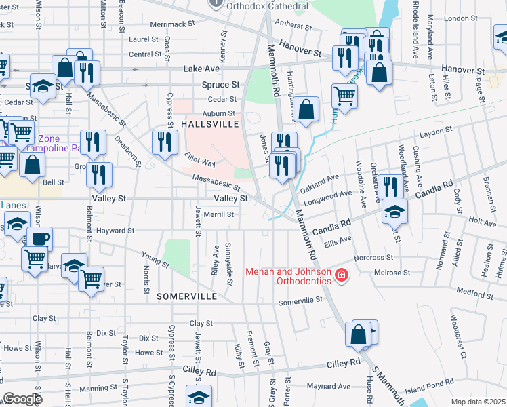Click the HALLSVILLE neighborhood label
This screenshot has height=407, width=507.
coord(210,125)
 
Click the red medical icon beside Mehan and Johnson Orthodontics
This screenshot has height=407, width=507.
coord(341,276)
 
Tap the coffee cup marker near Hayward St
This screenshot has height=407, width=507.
coord(39,239)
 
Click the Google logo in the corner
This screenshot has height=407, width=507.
coord(22,399)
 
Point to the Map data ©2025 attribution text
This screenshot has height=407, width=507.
coord(478,402)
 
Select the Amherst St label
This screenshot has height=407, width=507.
coord(293,26)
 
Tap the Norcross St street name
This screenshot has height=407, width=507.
coord(373,258)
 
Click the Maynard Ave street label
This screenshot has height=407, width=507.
coord(327,387)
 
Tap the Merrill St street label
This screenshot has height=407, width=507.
coord(219,214)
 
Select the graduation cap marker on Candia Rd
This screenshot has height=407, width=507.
coord(394,212)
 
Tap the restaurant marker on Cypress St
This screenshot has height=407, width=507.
coord(165,142)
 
